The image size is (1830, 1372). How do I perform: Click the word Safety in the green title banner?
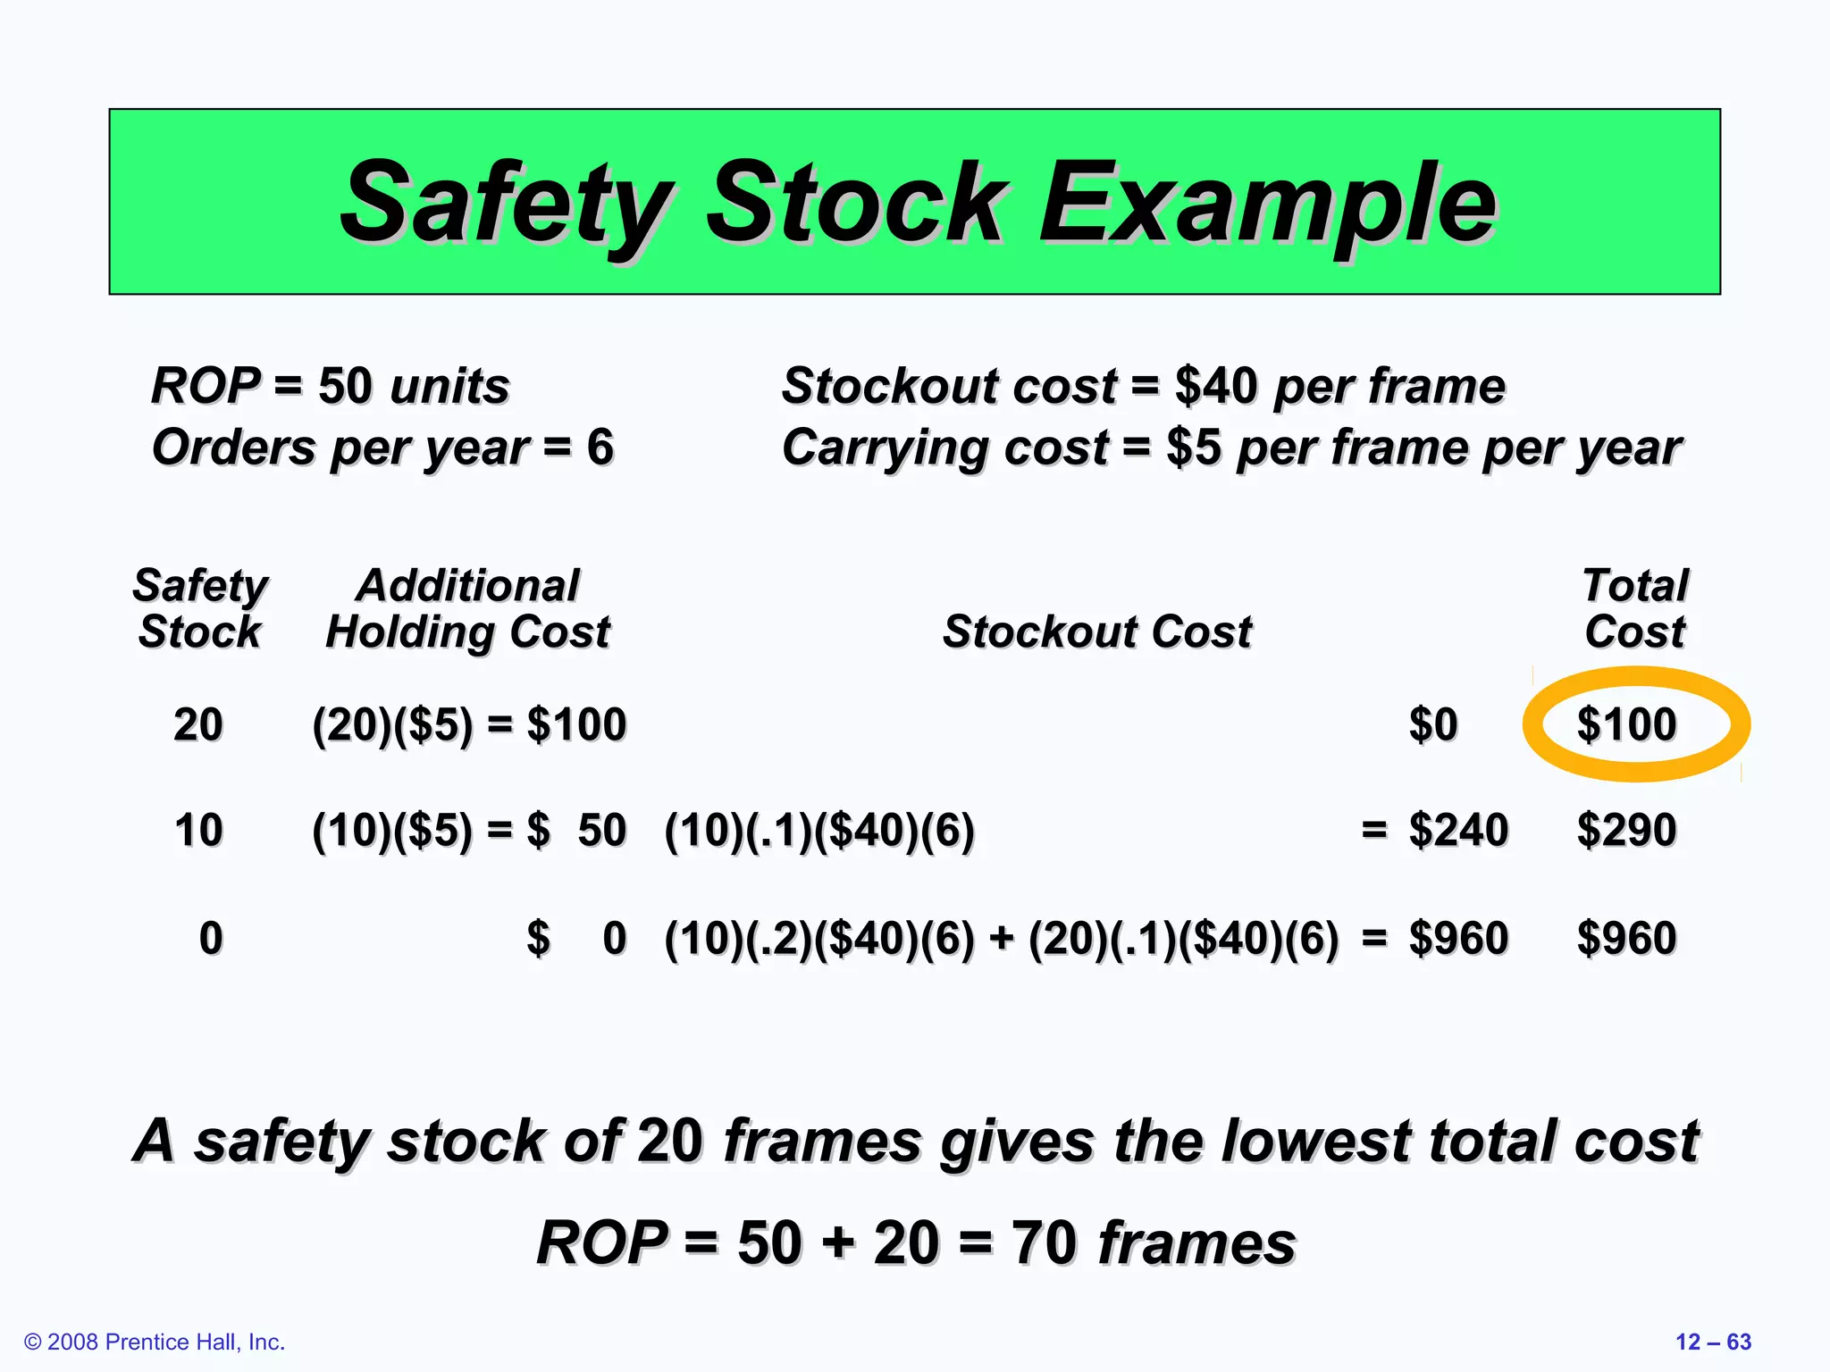tap(506, 203)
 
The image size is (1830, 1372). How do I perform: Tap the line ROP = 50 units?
tap(330, 386)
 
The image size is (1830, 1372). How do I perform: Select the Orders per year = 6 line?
tap(382, 447)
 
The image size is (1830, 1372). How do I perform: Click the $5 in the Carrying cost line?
tap(1193, 447)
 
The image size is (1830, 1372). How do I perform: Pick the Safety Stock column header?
tap(200, 608)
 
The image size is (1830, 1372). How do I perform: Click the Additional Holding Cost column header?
tap(467, 608)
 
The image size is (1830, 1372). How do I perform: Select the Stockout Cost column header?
tap(1097, 632)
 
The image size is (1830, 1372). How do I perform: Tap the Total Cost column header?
tap(1634, 608)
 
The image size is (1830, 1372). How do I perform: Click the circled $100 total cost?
tap(1626, 724)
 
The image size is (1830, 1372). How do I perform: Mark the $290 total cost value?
tap(1626, 830)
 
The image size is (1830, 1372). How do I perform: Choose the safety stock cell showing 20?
tap(198, 724)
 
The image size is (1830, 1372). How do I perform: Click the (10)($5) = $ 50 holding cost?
tap(469, 830)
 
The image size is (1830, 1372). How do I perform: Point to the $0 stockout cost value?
tap(1433, 724)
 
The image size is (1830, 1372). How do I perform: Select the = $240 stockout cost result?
tap(1435, 830)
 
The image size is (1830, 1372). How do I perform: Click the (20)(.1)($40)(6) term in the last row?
tap(1184, 938)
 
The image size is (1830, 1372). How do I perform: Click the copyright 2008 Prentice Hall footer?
tap(155, 1342)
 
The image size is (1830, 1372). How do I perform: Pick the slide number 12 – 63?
tap(1713, 1342)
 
